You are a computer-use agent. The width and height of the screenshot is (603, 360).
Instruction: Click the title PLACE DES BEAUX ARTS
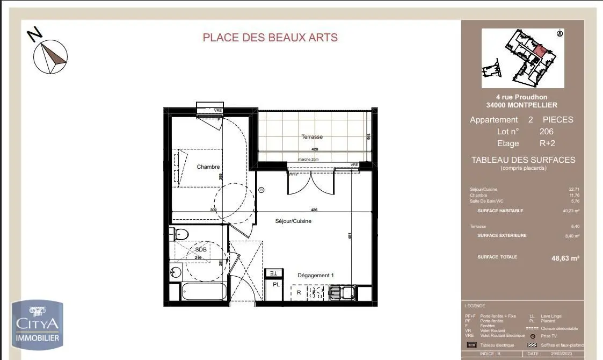[270, 38]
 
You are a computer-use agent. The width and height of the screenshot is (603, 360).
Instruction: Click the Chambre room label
[208, 167]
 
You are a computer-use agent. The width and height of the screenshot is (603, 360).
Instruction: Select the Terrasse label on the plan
[312, 137]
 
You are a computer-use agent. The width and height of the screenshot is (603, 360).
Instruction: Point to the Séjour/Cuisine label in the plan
[293, 221]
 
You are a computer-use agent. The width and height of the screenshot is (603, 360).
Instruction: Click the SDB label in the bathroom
[201, 250]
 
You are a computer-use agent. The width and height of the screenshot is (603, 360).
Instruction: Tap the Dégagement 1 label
[316, 276]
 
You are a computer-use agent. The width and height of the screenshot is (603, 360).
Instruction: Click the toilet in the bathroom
[180, 234]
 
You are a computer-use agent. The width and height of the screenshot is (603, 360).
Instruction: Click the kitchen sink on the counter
[341, 293]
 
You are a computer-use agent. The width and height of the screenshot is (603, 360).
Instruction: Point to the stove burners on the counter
[315, 293]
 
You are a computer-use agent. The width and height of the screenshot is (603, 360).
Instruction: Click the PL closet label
[275, 285]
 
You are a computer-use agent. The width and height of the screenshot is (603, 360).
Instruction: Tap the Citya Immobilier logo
[38, 325]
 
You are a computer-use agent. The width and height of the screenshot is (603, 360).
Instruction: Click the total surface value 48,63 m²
[565, 258]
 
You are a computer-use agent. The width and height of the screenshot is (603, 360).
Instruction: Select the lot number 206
[546, 132]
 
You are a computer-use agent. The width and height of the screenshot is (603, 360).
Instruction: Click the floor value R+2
[547, 143]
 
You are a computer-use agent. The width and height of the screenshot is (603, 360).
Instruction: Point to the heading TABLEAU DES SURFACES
[522, 160]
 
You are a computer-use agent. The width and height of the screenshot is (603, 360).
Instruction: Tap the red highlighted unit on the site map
[541, 51]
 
